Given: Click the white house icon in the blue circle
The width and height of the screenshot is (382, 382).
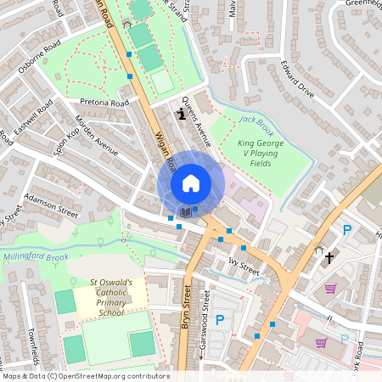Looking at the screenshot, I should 190,183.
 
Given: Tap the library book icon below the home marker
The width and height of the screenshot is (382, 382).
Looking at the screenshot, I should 184,211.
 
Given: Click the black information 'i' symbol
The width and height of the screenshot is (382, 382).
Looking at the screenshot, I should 180,113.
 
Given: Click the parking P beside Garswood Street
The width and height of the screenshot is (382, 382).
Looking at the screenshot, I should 220,320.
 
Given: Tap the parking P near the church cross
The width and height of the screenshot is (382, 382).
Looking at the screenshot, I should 346,229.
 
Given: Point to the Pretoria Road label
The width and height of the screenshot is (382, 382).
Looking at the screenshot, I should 104,103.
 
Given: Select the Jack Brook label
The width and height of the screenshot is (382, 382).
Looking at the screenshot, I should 255,120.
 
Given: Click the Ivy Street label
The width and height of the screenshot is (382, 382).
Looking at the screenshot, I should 243,266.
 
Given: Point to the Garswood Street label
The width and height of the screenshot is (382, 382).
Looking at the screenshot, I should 204,326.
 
